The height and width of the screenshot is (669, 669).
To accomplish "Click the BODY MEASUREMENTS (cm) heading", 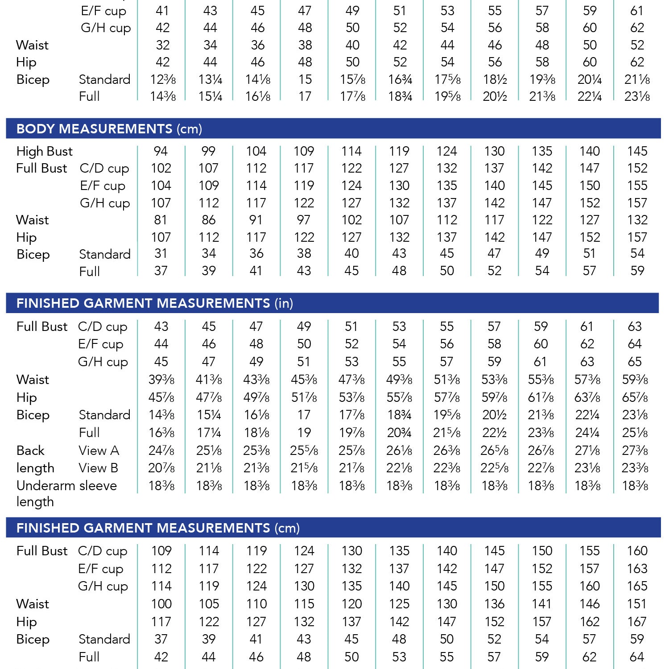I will (109, 129).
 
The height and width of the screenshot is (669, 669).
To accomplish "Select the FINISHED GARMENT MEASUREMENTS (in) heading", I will (155, 303).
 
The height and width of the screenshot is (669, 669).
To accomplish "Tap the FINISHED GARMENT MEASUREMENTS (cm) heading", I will (158, 528).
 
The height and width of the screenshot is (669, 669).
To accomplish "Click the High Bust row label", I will (44, 152).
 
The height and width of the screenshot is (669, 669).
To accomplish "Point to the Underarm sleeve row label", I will (66, 486).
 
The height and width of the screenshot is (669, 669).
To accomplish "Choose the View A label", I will (99, 450).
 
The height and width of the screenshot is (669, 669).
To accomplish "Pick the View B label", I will (99, 468).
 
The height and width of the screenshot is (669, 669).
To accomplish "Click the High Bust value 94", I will (161, 151).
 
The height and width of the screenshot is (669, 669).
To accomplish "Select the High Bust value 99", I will (208, 151).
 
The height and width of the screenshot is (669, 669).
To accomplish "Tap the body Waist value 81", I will (161, 220).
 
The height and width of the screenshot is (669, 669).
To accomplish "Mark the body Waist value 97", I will (304, 220).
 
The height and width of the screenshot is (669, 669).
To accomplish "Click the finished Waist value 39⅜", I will (161, 380).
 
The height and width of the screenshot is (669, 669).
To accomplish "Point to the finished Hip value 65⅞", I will (635, 397).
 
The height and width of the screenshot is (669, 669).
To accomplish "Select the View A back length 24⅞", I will (161, 450).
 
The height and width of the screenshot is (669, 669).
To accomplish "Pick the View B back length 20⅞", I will (161, 468).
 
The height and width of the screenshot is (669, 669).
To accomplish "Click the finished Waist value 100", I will (161, 604).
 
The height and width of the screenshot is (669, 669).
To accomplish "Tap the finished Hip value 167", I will (636, 622).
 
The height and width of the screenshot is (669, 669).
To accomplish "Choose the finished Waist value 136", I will (494, 604).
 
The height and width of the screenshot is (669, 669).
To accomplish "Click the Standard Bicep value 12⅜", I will (163, 79).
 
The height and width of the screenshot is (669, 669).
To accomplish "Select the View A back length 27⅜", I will (635, 450).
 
